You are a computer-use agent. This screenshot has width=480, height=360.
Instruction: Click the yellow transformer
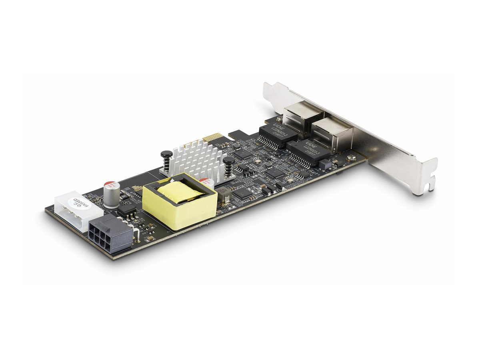tap(180, 200)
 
